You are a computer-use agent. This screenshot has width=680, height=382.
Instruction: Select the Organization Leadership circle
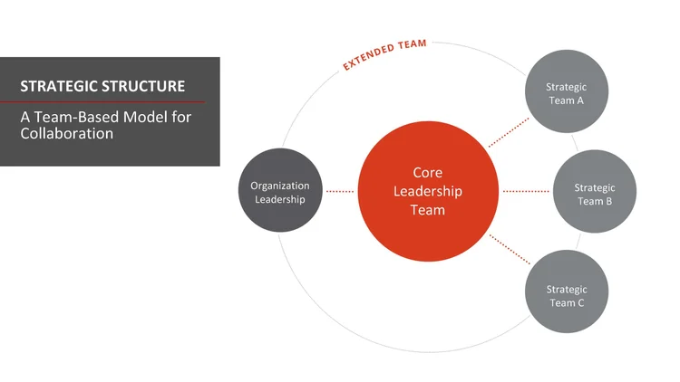(280, 191)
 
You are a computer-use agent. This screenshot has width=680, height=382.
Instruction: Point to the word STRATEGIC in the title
(59, 87)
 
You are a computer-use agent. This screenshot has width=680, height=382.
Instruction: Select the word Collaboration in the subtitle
(67, 133)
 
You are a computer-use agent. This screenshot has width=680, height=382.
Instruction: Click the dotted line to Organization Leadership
(340, 191)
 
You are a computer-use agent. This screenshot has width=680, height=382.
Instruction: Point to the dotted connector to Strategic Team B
(526, 191)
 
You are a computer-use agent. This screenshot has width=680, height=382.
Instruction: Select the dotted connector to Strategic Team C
(509, 249)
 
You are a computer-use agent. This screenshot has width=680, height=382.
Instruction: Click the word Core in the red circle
(427, 172)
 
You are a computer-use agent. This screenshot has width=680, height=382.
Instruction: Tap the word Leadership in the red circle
(427, 191)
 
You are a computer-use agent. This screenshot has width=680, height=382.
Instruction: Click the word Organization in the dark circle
(280, 185)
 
